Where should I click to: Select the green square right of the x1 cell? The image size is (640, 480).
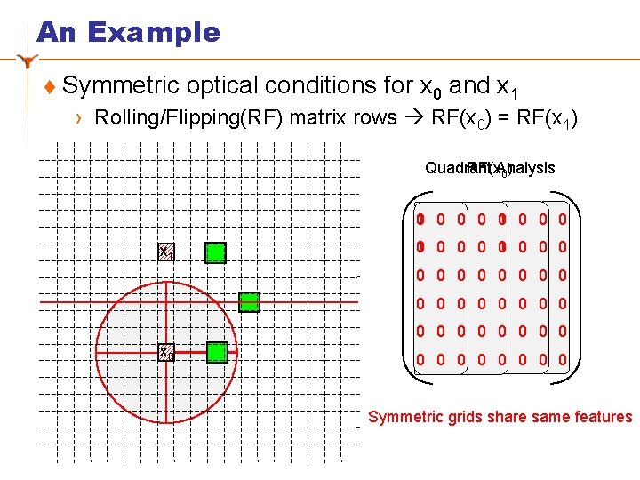tap(215, 253)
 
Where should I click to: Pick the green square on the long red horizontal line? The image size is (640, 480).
tap(250, 302)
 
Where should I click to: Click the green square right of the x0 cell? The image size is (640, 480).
tap(217, 352)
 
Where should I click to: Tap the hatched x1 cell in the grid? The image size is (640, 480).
tap(166, 253)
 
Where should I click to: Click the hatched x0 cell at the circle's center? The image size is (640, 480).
tap(166, 353)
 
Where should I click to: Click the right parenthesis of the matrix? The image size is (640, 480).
tap(574, 293)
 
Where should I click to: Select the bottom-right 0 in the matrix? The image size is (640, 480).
tap(563, 361)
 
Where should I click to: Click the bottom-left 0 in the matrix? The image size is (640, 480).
tap(420, 361)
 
